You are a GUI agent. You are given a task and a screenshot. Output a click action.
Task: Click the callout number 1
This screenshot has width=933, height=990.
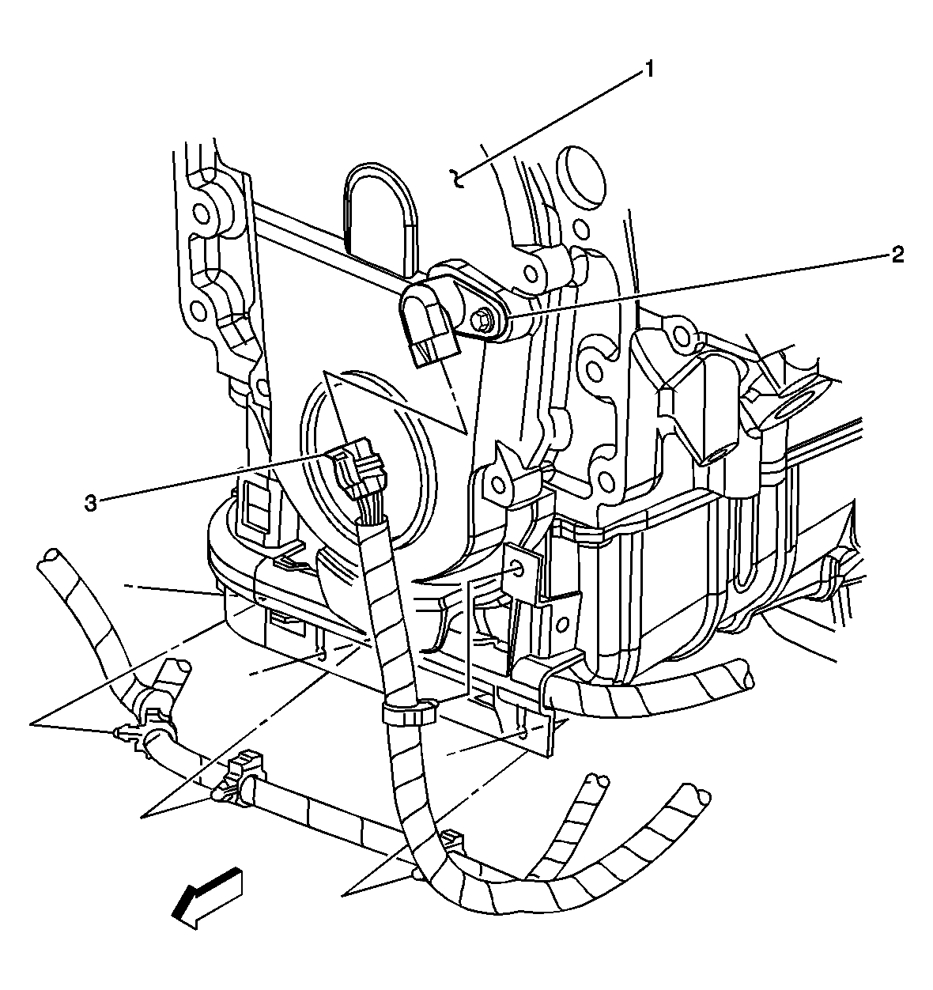(x=648, y=70)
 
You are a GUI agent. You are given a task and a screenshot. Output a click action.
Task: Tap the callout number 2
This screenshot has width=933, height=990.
(x=897, y=254)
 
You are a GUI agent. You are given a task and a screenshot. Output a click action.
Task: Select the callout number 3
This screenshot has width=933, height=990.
(x=91, y=503)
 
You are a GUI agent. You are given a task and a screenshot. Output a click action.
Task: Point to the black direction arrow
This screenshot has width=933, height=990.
(x=207, y=896)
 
